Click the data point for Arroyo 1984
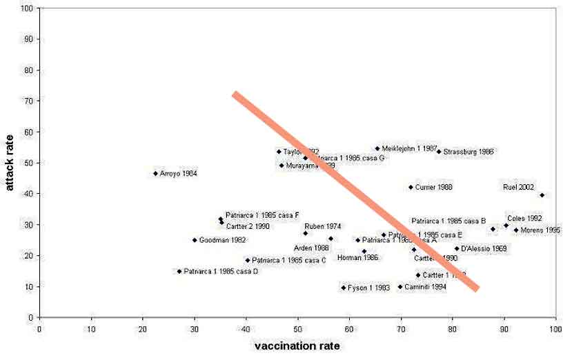tap(155, 173)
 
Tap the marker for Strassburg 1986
tap(439, 152)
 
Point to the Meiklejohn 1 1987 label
tap(410, 148)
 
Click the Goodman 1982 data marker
tap(195, 240)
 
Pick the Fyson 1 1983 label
tap(370, 288)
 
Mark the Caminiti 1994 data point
tap(400, 287)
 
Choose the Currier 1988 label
tap(434, 187)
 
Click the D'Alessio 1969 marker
tap(457, 248)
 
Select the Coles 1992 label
tap(524, 218)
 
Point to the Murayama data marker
tap(282, 166)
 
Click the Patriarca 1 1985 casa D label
tap(221, 272)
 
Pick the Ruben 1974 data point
tap(306, 233)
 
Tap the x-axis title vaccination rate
tap(297, 346)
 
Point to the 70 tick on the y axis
tap(28, 101)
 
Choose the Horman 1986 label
tap(357, 257)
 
